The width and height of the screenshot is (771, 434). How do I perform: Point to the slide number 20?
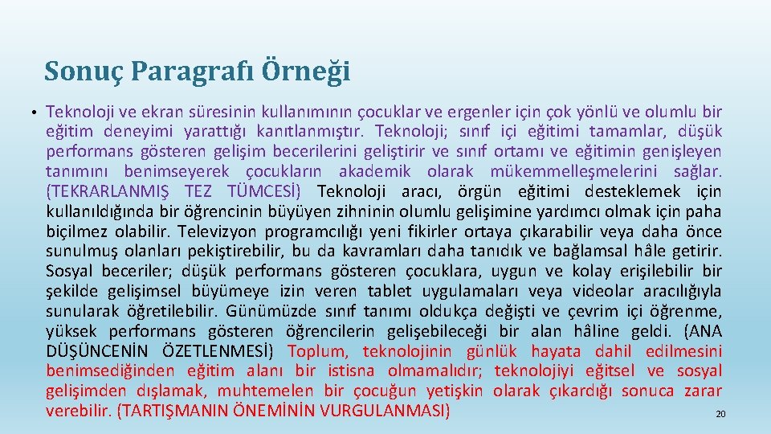[720, 415]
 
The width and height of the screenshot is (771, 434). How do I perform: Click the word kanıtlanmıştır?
[306, 131]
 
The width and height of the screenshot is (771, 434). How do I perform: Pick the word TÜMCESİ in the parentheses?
[264, 191]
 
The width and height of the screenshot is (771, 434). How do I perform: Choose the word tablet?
[392, 291]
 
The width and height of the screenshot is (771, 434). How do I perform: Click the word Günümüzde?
[267, 311]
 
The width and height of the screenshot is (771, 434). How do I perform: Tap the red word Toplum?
[318, 351]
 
